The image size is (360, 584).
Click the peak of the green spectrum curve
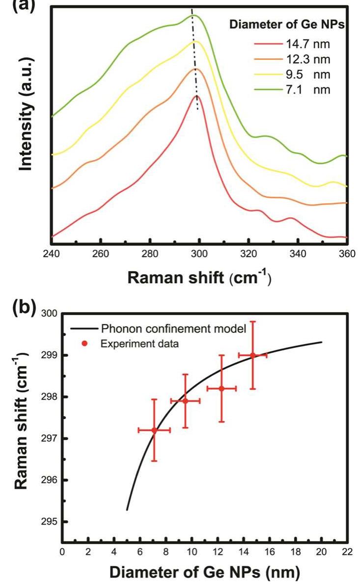194,15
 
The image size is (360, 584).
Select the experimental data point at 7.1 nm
154,430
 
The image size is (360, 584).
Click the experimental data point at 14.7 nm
253,355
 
